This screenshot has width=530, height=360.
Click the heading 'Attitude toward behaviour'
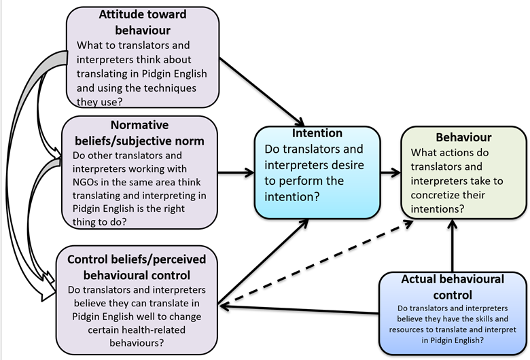[143, 22]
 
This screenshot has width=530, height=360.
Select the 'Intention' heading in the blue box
[317, 132]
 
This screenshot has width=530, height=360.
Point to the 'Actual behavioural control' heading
[453, 287]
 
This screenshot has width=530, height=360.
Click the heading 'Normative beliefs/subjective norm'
[139, 133]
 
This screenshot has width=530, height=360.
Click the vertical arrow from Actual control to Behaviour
[452, 245]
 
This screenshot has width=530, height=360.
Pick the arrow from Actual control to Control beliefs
[299, 310]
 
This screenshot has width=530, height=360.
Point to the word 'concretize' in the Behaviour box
[438, 196]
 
